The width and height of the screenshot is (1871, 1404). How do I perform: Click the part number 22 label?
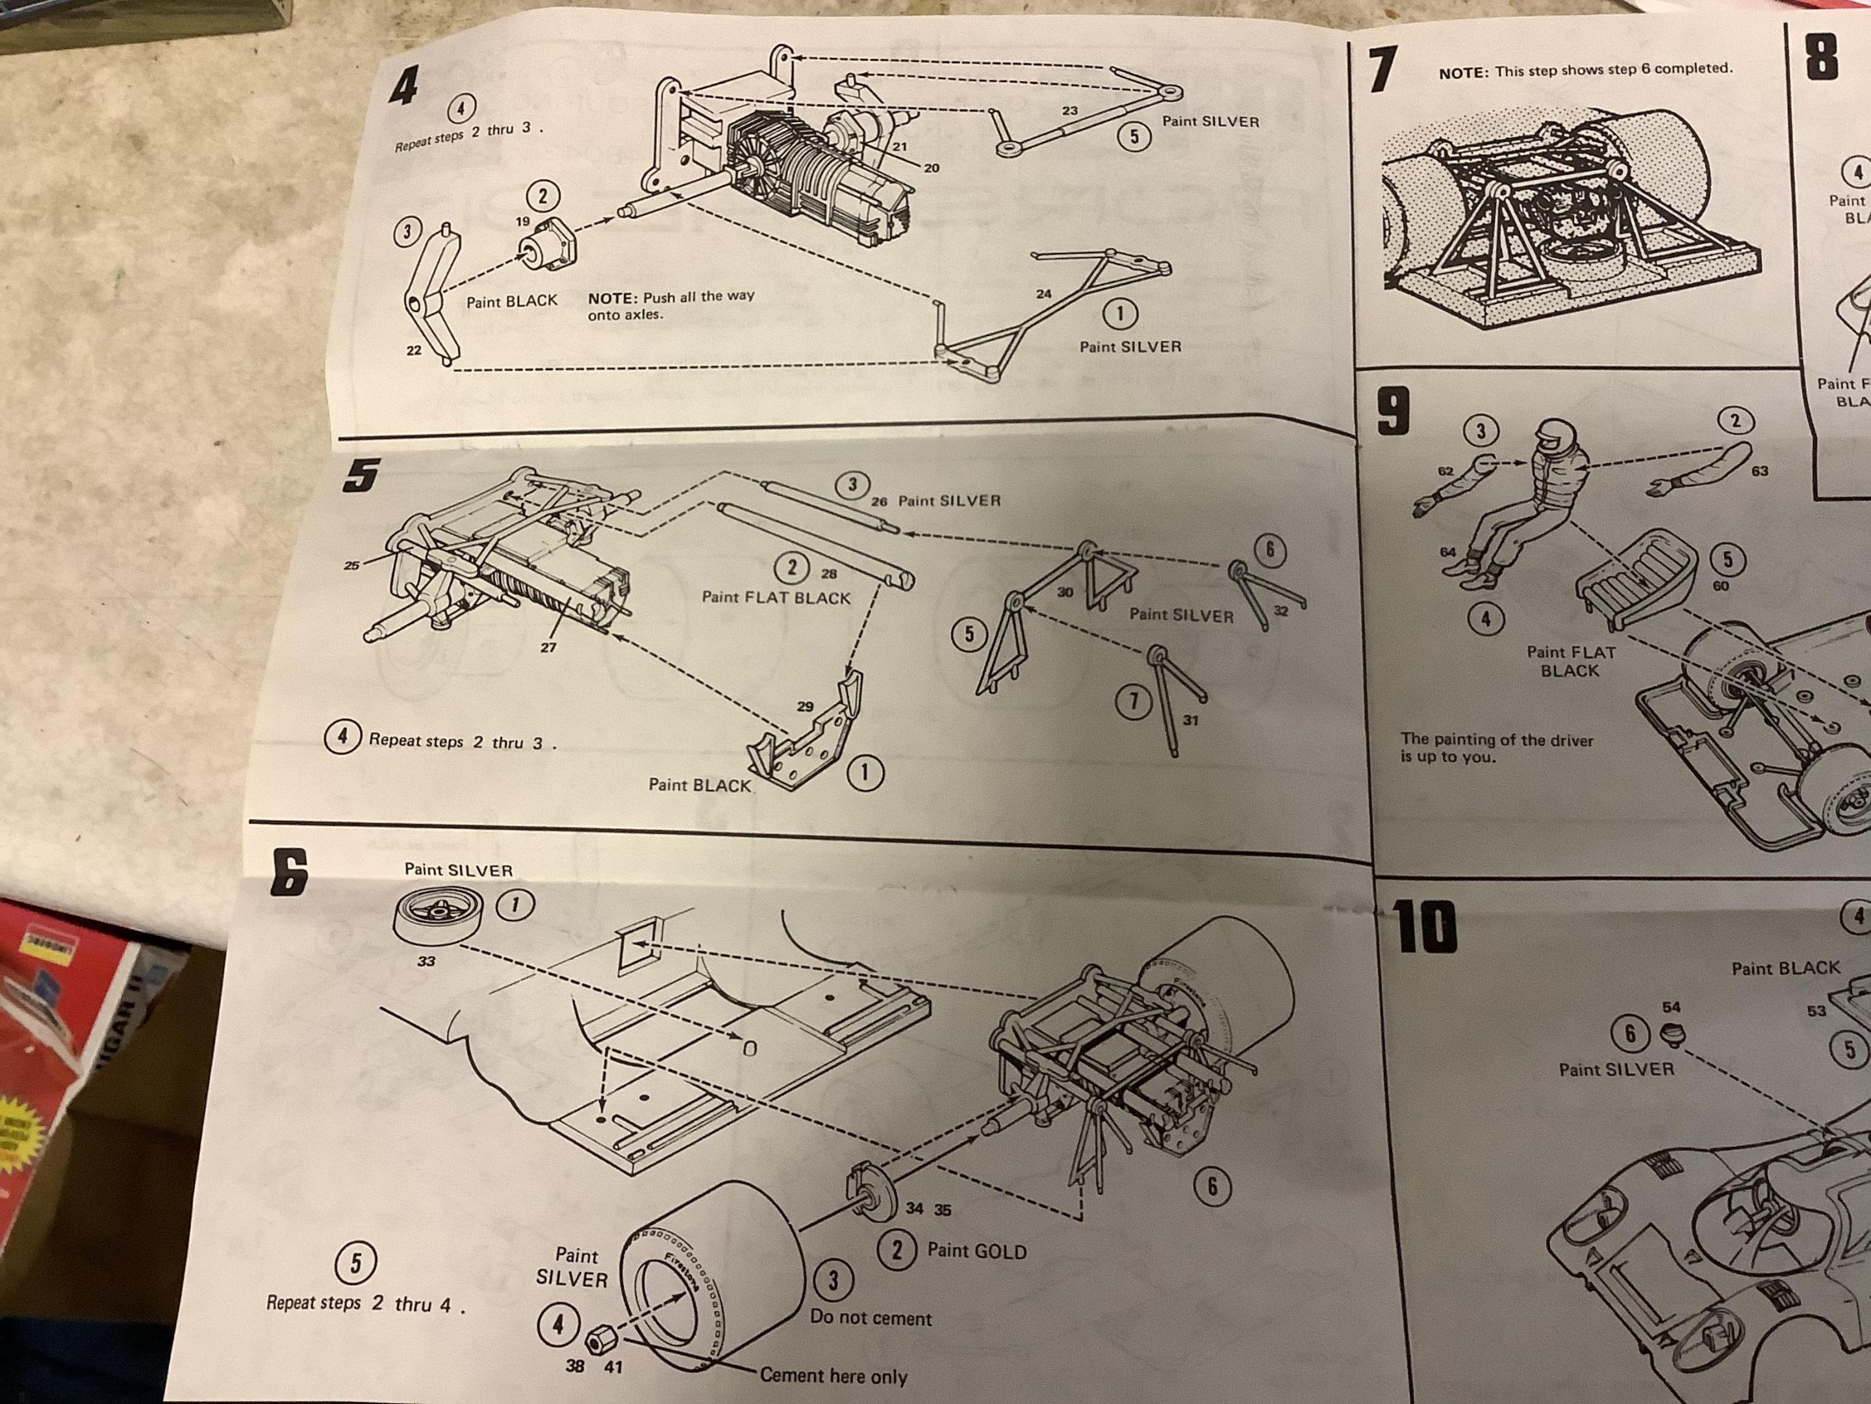click(x=414, y=350)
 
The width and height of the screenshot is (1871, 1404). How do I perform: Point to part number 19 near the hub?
click(x=523, y=222)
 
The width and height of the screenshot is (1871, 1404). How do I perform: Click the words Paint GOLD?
click(x=977, y=1251)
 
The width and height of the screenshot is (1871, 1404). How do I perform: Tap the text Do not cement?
click(x=871, y=1318)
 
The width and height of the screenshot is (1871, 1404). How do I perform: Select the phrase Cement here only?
click(x=833, y=1375)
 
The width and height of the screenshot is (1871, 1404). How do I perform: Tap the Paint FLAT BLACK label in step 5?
click(x=776, y=597)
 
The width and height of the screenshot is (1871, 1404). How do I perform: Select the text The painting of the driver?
click(x=1496, y=740)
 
